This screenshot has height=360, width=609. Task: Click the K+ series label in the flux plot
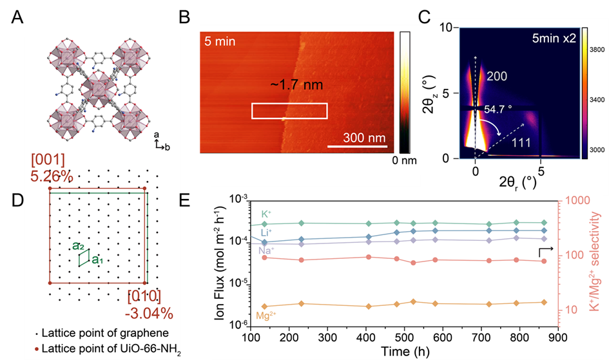[266, 213]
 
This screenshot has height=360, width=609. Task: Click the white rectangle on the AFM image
[289, 110]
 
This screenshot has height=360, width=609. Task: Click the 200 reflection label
[496, 77]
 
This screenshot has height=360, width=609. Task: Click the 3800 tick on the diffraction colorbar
[596, 48]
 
